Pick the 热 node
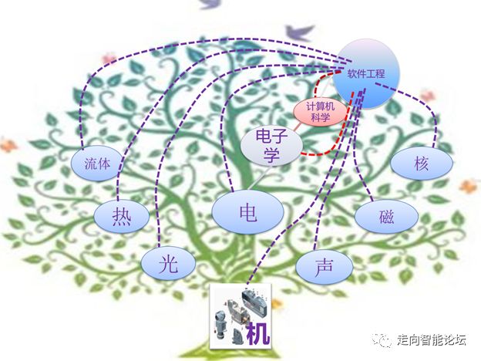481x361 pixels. click(x=121, y=216)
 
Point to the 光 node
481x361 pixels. click(x=167, y=265)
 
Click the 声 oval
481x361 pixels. click(x=324, y=266)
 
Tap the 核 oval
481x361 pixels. click(x=420, y=164)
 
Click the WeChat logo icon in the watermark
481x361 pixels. click(x=381, y=339)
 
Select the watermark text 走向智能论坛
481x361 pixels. click(x=432, y=339)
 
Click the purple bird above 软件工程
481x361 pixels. click(x=304, y=33)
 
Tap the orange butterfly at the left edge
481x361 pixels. click(x=8, y=143)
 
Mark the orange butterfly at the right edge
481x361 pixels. click(x=469, y=186)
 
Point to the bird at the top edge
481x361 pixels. click(x=210, y=4)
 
